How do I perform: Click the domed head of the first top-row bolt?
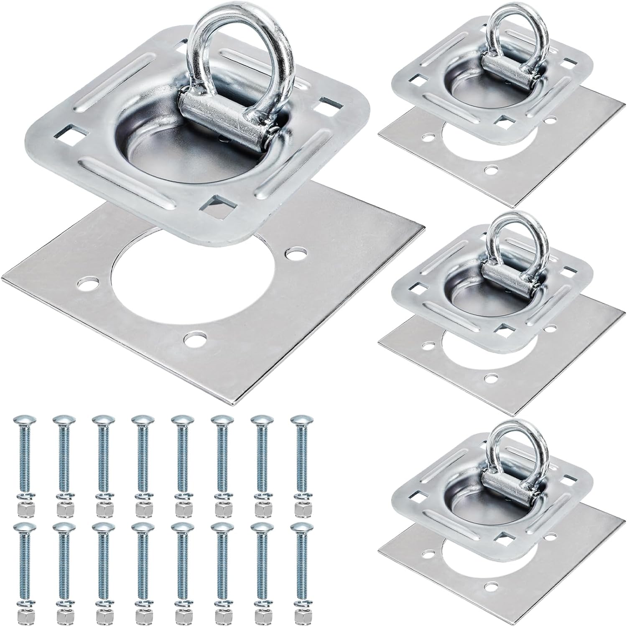coord(22,420)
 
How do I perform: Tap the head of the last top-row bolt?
coord(299,419)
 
